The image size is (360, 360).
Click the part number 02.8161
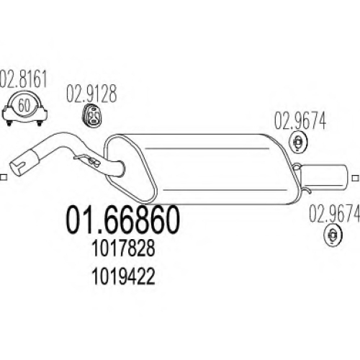coord(23,78)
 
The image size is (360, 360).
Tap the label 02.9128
coord(91,94)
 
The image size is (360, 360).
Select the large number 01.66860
coord(122,220)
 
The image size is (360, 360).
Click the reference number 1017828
coord(124,248)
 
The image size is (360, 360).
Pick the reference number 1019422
coord(124,276)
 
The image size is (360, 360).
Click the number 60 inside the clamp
coord(24,105)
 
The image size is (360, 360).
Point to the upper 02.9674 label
coord(300,121)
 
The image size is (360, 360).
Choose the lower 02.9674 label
coord(334,213)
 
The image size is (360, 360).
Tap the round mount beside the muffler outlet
coord(298,142)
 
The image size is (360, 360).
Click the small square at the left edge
coord(4,178)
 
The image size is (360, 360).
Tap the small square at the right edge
coord(355,178)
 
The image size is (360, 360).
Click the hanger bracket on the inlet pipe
coord(87,160)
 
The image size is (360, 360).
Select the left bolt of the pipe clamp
coord(9,123)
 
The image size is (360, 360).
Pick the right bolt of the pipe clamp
coord(39,123)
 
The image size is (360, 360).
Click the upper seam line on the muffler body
coord(207,148)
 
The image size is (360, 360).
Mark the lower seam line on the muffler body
coord(225,190)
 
